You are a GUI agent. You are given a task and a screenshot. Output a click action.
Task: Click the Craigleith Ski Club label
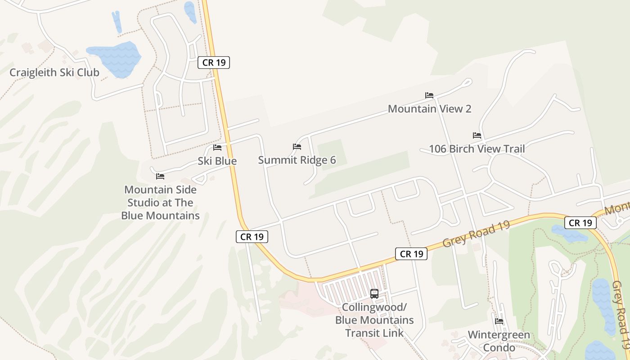[x=54, y=72]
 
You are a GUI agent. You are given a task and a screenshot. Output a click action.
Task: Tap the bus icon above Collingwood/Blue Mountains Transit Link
[x=374, y=294]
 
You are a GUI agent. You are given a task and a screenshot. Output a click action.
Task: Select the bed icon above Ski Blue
[x=217, y=148]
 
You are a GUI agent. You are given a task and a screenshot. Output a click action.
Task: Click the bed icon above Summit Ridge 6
[x=297, y=147]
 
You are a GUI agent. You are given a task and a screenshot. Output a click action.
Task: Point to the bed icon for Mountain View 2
[x=429, y=95]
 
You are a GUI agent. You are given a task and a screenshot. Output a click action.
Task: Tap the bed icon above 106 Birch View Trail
[x=477, y=135]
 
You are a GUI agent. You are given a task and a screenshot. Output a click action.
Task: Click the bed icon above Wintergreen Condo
[x=499, y=321]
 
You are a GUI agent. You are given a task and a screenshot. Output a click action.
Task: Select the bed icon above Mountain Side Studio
[x=160, y=176]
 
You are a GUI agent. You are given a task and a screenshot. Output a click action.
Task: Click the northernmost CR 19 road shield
[x=214, y=63]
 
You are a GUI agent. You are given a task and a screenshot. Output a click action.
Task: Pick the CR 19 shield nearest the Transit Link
[x=411, y=254]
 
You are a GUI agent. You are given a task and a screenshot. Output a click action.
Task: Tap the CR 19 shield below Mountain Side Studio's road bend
[x=252, y=237]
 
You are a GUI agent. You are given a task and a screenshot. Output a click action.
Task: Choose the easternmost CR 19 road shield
[x=580, y=223]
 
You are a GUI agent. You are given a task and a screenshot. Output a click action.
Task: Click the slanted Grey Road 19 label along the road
[x=476, y=234]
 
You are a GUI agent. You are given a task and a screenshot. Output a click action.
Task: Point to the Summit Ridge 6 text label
[x=297, y=160]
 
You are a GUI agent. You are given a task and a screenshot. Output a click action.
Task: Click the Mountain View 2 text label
[x=429, y=109]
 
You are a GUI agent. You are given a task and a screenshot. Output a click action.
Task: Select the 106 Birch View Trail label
[x=477, y=149]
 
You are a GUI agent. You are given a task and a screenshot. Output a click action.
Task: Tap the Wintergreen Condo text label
[x=499, y=341]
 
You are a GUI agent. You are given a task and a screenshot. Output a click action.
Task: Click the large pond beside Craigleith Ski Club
[x=114, y=58]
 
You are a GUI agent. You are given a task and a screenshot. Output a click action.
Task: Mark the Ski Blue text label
[x=217, y=161]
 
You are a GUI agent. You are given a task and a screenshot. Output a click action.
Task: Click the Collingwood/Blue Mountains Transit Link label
[x=374, y=320]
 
